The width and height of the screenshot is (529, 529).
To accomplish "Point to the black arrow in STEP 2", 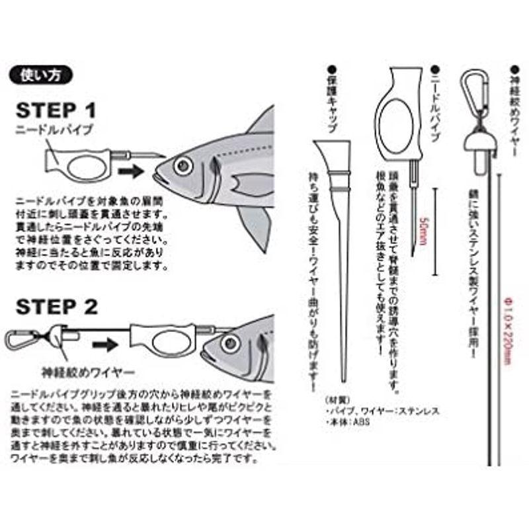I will coord(105,345).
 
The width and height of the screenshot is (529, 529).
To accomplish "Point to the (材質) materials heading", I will coord(338,401).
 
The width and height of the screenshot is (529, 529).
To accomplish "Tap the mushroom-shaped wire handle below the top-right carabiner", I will coord(478,146).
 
